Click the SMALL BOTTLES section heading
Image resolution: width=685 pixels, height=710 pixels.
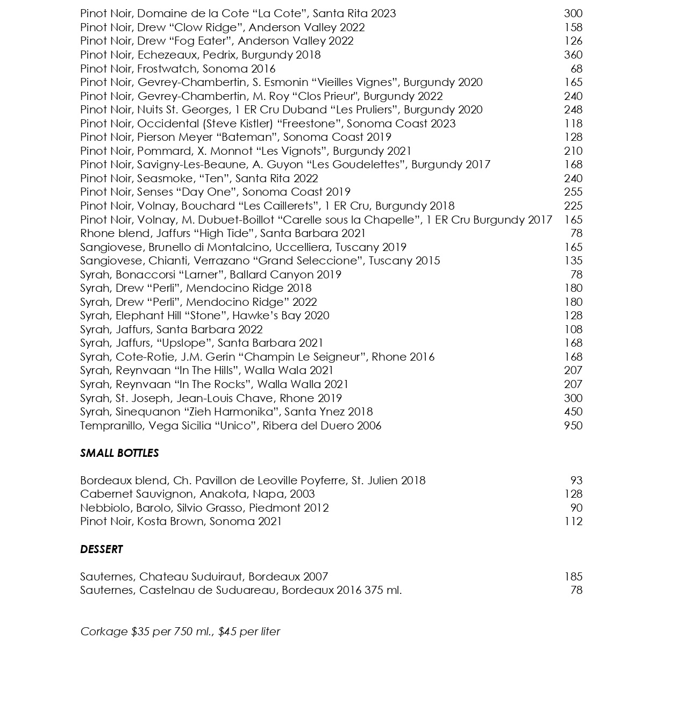[119, 453]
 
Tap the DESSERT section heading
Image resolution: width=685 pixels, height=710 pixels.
[102, 549]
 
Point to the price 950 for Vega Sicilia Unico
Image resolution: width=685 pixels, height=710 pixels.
[573, 426]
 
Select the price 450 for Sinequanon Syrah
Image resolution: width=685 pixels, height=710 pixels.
[573, 412]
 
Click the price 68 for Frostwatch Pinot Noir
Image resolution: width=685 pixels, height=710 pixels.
[576, 69]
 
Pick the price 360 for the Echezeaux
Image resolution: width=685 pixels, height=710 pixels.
[573, 55]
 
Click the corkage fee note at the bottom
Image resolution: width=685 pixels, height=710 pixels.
[180, 632]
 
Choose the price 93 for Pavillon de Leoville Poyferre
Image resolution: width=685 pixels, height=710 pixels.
[576, 480]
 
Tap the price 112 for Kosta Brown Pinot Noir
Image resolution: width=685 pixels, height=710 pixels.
[573, 521]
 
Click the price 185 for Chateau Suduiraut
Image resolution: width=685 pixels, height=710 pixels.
[573, 577]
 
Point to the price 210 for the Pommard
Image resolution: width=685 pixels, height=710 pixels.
[573, 151]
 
